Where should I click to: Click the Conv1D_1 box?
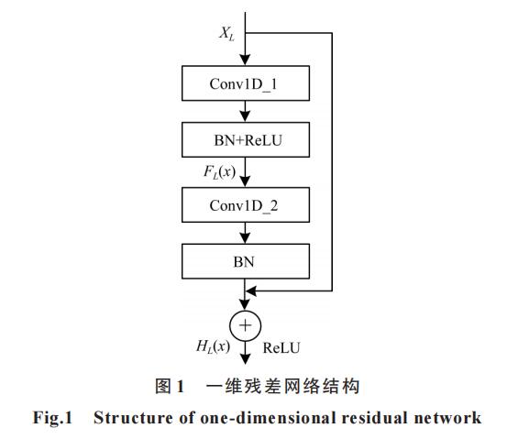[x=246, y=83]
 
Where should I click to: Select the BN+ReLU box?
[x=246, y=139]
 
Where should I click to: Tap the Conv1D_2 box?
[x=246, y=204]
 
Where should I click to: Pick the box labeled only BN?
[x=246, y=261]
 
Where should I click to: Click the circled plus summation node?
[x=246, y=326]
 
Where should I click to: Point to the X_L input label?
[x=226, y=34]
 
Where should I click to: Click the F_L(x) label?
[x=219, y=172]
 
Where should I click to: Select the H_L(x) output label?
[x=213, y=346]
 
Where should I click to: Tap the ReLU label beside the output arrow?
[x=281, y=348]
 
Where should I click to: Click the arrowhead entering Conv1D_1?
[x=245, y=60]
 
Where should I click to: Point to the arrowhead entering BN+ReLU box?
[x=245, y=116]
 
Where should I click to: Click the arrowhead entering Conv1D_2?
[x=245, y=181]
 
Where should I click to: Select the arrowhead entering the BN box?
[x=245, y=238]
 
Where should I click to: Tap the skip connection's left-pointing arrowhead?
[x=251, y=291]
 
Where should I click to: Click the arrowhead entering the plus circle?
[x=245, y=305]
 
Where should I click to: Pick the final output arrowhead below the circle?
[x=246, y=359]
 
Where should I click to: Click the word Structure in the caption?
[x=133, y=418]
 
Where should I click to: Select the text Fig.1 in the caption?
[x=52, y=418]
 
